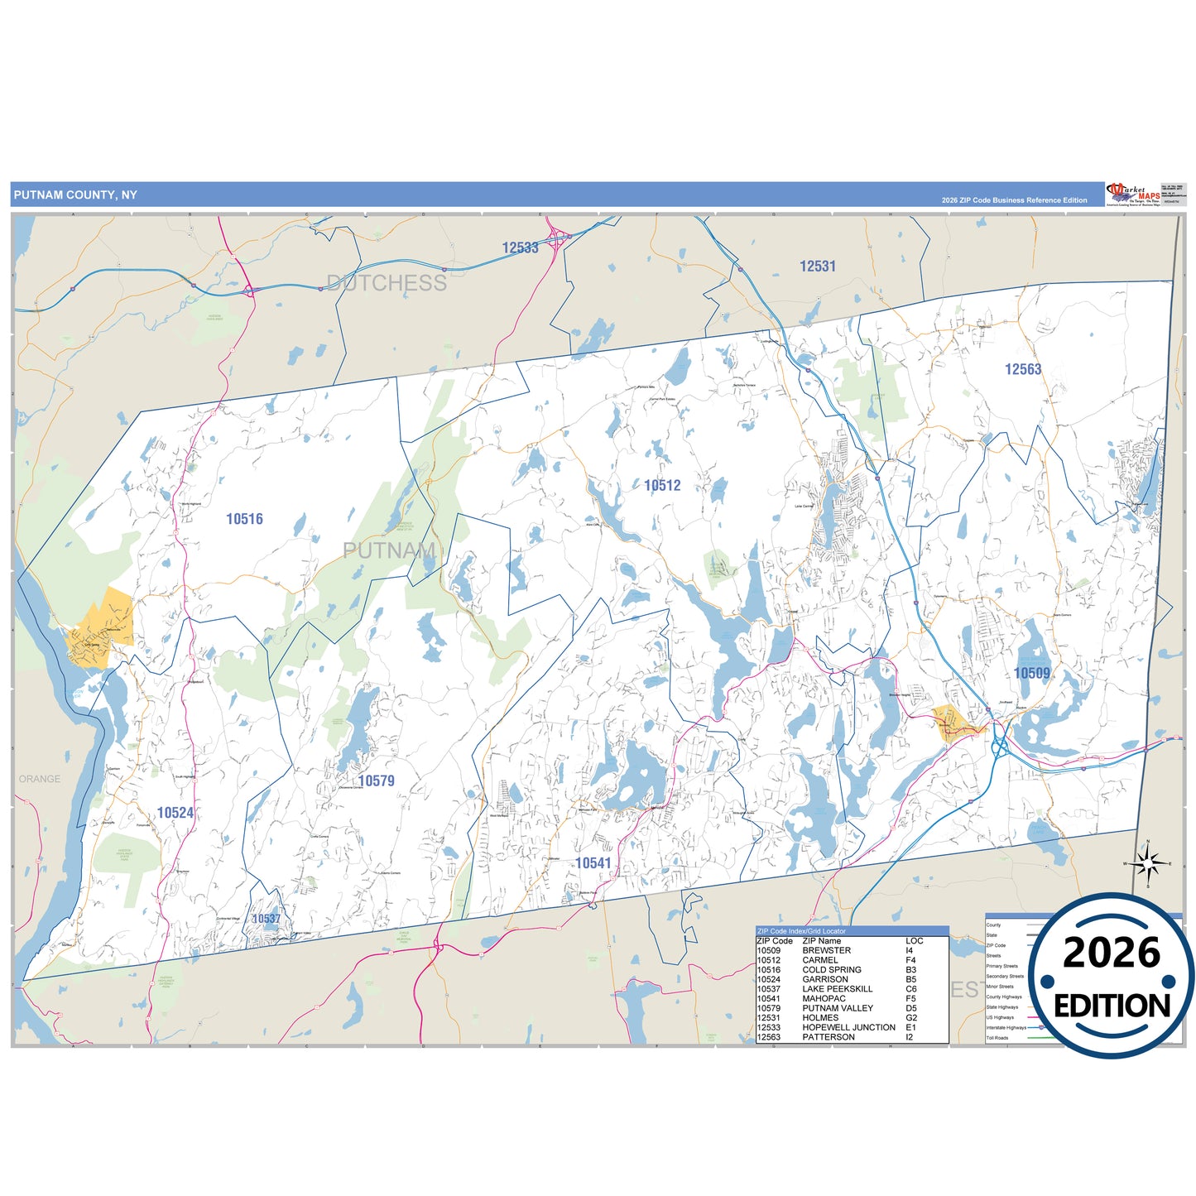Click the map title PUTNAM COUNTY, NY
(x=75, y=195)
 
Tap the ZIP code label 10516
(x=244, y=519)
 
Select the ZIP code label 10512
(x=662, y=486)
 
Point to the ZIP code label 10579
(x=376, y=781)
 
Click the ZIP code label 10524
(x=175, y=813)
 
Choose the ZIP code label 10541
(x=593, y=863)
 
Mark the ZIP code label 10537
(x=267, y=919)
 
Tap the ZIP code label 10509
(x=1031, y=673)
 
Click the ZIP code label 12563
(x=1023, y=369)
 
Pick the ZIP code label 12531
(x=817, y=267)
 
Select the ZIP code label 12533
(x=520, y=247)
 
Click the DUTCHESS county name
(x=387, y=283)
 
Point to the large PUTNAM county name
(x=389, y=550)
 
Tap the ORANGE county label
(x=40, y=779)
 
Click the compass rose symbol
(x=1146, y=864)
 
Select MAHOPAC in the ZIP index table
(x=824, y=998)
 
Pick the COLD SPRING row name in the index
(x=831, y=969)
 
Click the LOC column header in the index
(x=914, y=941)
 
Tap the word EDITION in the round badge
(x=1112, y=1006)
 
